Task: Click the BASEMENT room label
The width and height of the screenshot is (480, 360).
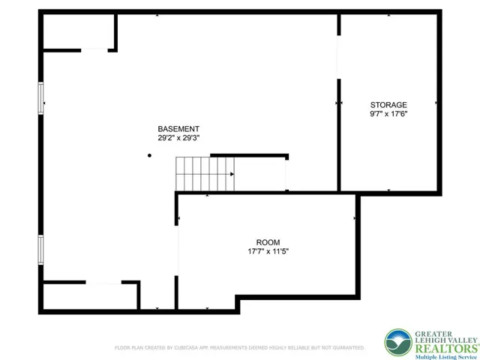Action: [x=178, y=129]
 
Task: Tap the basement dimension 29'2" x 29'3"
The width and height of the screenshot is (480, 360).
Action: [x=178, y=138]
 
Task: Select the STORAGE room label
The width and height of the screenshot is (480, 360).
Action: [x=388, y=105]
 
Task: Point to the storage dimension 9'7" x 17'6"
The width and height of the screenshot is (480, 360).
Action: [x=388, y=114]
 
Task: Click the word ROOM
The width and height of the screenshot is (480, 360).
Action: [x=268, y=242]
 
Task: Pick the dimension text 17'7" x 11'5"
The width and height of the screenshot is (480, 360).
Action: [x=268, y=251]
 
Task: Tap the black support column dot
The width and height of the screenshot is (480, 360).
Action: [x=150, y=155]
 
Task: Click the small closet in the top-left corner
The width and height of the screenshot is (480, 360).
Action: [x=77, y=31]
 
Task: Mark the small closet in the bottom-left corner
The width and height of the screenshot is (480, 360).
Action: [x=88, y=295]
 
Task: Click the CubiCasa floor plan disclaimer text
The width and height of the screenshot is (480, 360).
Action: [x=239, y=348]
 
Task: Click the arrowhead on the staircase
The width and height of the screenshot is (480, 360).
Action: [x=232, y=174]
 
